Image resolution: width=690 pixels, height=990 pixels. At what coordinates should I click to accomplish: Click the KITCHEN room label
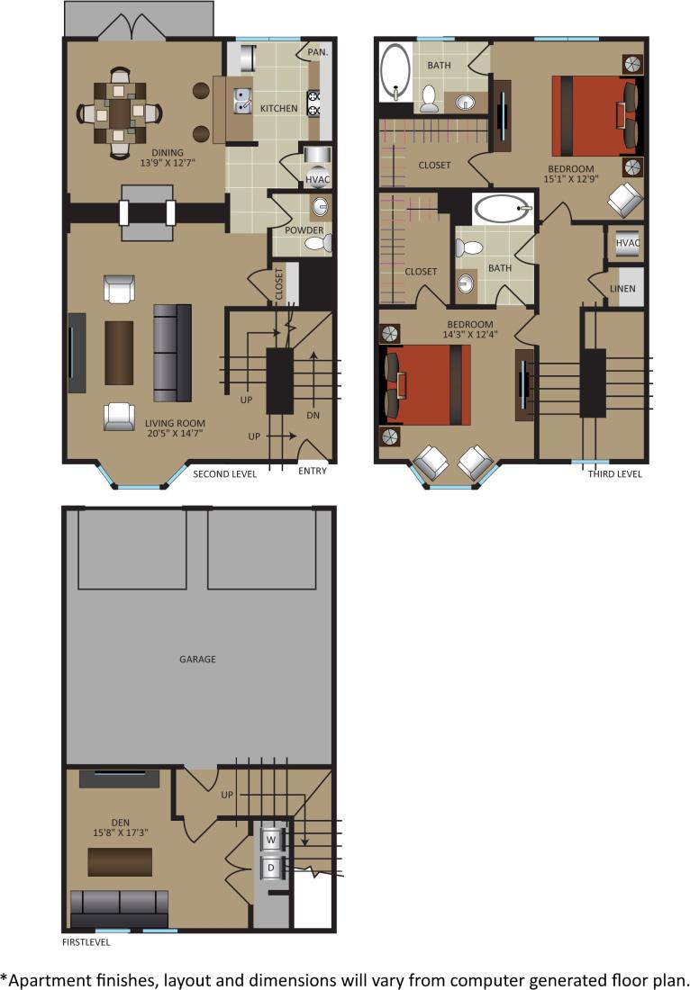(x=279, y=109)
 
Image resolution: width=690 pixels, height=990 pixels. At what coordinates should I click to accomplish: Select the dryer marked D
(x=270, y=868)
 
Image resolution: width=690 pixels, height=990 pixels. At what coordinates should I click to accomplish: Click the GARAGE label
(x=197, y=660)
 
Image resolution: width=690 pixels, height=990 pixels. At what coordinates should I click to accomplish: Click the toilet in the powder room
(x=323, y=241)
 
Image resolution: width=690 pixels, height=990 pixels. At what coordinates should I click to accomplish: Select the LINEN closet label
(x=623, y=290)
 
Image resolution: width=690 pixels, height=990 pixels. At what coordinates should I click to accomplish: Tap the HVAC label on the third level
(x=628, y=243)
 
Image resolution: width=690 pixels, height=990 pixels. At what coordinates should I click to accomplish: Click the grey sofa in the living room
(x=173, y=352)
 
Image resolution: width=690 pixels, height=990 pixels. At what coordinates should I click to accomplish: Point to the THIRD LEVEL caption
(x=615, y=474)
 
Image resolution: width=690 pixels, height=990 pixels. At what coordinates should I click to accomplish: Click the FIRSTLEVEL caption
(x=86, y=943)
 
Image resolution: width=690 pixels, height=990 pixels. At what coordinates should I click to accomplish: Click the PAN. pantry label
(x=317, y=53)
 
